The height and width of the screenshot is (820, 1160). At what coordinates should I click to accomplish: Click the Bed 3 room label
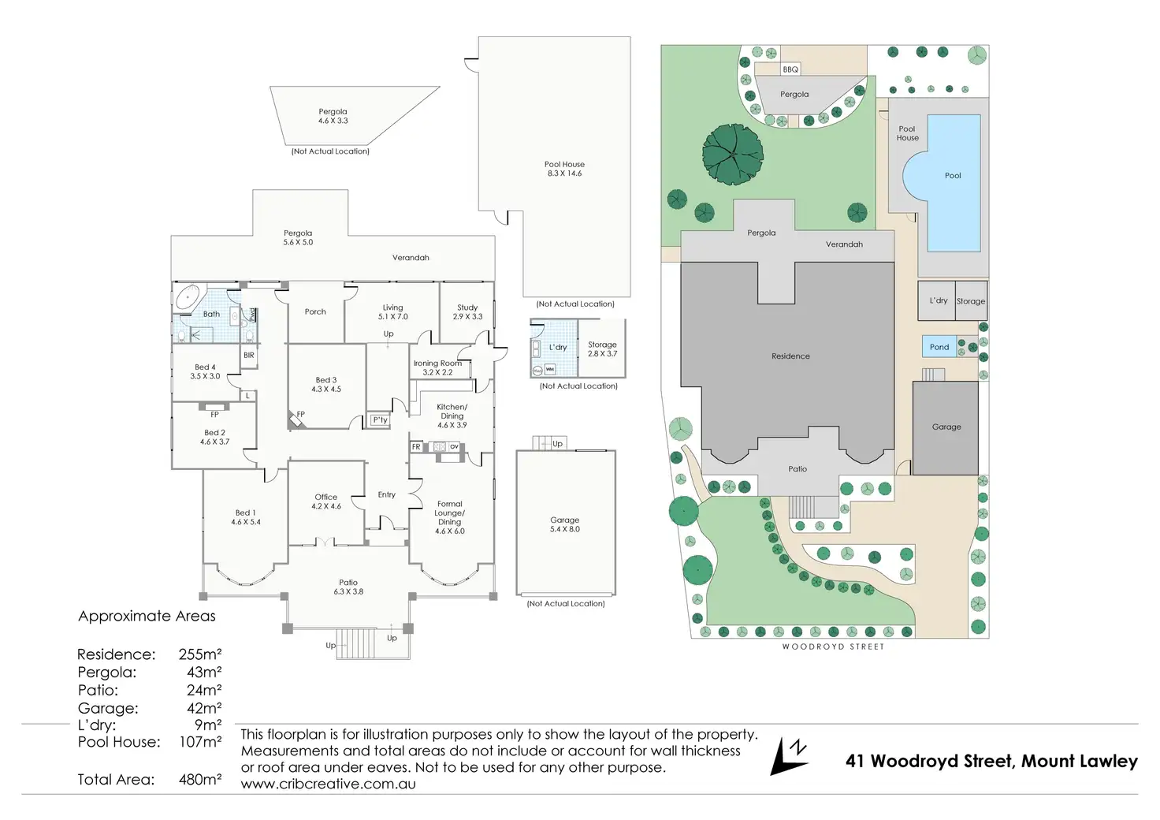click(325, 384)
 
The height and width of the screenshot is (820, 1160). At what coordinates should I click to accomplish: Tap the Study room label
click(467, 311)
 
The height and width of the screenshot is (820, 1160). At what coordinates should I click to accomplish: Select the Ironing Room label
click(437, 367)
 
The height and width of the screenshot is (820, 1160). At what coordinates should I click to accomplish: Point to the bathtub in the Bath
click(188, 299)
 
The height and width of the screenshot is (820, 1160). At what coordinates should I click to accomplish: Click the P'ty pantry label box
click(380, 420)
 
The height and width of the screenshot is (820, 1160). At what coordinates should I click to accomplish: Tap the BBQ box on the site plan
click(790, 69)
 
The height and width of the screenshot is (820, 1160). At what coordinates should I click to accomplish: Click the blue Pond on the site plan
click(939, 347)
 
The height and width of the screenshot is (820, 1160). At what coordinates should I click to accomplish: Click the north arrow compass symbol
click(790, 756)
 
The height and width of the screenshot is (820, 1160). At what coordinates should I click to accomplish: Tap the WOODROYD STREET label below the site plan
click(833, 647)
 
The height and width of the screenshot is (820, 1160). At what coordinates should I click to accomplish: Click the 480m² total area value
click(200, 780)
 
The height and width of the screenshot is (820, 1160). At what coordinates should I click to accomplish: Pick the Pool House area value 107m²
click(200, 742)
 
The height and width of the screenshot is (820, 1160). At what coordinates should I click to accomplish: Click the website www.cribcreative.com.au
click(328, 785)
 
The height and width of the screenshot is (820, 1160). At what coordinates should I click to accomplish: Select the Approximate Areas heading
click(147, 617)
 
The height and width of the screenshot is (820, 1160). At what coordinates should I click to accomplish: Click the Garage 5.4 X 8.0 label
click(564, 524)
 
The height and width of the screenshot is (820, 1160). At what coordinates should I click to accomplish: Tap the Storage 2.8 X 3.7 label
click(602, 348)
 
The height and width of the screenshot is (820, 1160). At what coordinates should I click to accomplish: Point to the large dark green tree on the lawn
click(733, 154)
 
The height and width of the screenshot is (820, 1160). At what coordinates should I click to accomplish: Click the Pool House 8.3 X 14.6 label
click(564, 169)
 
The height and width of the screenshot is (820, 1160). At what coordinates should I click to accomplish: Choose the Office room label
click(325, 501)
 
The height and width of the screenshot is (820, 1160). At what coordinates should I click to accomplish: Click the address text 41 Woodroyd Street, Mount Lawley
click(991, 762)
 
